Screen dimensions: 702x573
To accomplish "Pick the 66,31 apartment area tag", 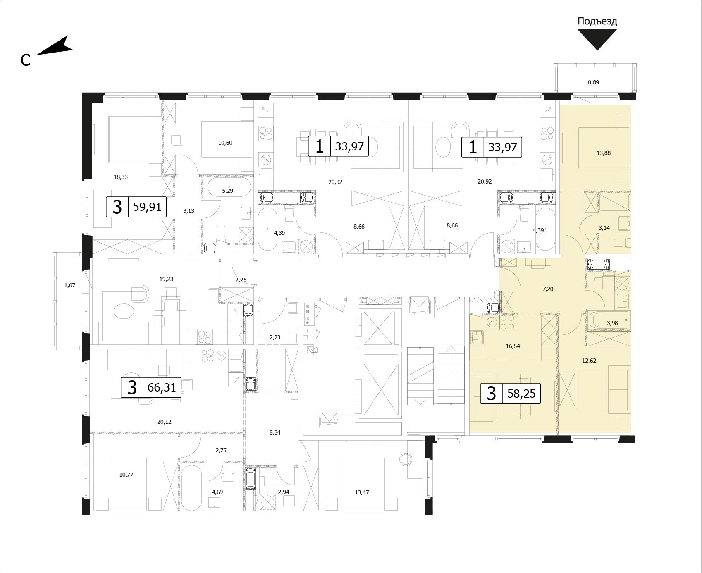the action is point(151,387).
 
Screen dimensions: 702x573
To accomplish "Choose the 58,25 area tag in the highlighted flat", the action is point(511,393).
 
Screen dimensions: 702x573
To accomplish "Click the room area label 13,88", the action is point(604,153).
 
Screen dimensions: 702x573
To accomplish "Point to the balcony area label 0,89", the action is point(593,82).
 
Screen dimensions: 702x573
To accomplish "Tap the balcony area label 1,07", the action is point(70,285).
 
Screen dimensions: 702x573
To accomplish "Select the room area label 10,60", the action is point(225,143).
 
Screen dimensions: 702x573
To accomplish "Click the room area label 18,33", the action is point(121,177).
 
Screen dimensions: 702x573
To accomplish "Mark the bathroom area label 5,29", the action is point(228,191).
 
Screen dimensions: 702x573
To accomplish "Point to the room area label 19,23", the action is point(166,279).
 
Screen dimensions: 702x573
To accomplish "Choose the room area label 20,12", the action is point(164,422).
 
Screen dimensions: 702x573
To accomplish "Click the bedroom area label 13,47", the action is point(362,492).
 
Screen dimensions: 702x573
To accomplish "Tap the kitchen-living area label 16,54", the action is point(513,346).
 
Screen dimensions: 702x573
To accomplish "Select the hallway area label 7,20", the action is point(548,289).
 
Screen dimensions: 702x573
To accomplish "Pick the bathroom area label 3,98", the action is point(612,323).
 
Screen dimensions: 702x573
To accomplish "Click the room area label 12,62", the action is point(589,361).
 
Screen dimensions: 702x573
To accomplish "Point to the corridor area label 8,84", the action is point(275,433).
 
